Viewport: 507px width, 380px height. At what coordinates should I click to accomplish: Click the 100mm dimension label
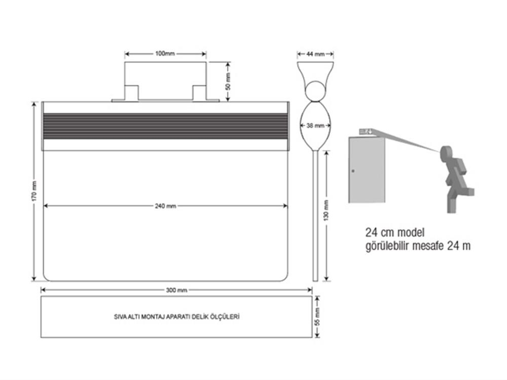tap(166, 53)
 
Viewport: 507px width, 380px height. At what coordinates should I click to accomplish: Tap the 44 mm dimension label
tap(315, 53)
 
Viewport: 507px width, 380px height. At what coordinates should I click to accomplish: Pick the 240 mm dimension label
tap(166, 206)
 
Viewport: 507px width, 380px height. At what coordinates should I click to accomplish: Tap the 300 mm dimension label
tap(176, 290)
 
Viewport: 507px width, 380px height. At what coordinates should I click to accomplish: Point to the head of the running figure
tap(446, 152)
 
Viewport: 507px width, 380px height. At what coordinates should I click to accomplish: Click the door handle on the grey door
tap(353, 171)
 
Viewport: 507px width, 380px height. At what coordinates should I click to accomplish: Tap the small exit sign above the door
tap(366, 132)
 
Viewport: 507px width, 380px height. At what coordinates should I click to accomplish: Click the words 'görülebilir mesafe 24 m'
tap(418, 246)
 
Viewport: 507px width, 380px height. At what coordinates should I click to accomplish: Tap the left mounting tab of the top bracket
tap(131, 93)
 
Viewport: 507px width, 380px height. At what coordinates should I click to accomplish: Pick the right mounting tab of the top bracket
tap(199, 93)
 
